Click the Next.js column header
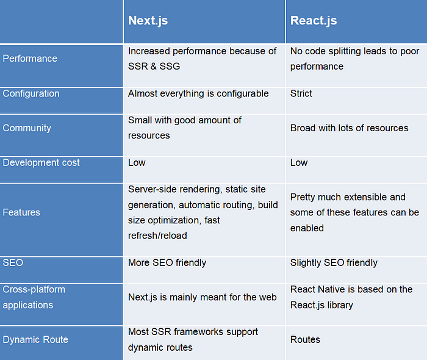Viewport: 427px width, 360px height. click(148, 20)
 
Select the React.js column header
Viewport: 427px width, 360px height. click(314, 20)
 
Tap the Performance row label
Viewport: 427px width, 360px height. click(30, 59)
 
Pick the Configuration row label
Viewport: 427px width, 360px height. click(31, 93)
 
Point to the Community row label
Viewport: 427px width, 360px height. click(27, 128)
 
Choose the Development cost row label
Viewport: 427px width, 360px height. click(41, 162)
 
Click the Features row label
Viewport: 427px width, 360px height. click(21, 212)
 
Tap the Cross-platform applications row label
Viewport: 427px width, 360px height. click(34, 297)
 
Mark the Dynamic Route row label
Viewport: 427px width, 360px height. click(35, 339)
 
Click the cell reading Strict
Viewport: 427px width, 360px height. click(301, 93)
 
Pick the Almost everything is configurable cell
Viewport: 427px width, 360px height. click(198, 93)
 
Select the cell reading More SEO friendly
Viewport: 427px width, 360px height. click(167, 262)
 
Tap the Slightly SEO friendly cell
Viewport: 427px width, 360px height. click(334, 262)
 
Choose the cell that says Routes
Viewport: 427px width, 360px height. click(305, 339)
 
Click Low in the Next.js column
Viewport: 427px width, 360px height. click(137, 162)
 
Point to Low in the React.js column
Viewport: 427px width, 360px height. click(299, 162)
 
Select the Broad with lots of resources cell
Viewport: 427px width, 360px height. click(350, 128)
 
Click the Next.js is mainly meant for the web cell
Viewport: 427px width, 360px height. click(203, 297)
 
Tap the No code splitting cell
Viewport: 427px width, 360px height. click(354, 59)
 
